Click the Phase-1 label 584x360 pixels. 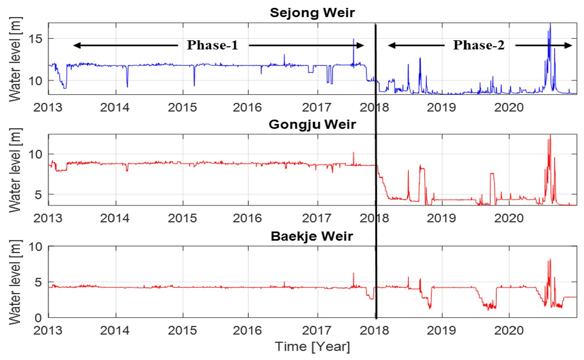(x=213, y=45)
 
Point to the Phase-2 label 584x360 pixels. (x=478, y=45)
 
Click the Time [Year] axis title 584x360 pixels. (x=312, y=346)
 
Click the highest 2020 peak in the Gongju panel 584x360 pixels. (x=550, y=136)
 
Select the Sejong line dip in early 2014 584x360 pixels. (x=127, y=86)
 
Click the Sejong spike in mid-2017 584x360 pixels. (x=353, y=39)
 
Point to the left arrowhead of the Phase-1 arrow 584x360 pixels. (x=75, y=45)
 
